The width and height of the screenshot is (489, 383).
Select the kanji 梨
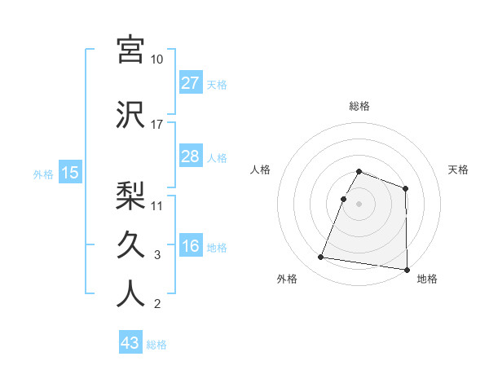pos(130,195)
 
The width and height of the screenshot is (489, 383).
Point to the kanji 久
pos(130,244)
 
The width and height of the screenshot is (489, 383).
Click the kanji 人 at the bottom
pos(130,293)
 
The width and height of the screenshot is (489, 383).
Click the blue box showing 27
pos(190,83)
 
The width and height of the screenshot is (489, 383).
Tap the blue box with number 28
pos(190,156)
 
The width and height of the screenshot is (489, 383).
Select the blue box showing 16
pos(190,247)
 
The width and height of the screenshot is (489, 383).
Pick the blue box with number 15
pos(69,173)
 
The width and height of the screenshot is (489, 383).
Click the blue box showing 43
pos(130,343)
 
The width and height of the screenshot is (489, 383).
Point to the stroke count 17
pos(157,125)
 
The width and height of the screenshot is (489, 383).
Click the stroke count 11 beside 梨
pos(157,205)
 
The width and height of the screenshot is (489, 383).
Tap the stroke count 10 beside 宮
pos(157,59)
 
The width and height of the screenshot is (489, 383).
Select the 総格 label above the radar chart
pos(359,106)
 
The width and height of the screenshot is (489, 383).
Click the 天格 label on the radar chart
pos(459,169)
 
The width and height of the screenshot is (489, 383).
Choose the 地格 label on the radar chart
pos(427,279)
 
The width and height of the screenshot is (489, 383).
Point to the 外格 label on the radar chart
pos(287,279)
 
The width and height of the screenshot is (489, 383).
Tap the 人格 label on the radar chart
pos(260,169)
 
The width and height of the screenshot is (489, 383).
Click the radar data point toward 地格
pos(407,270)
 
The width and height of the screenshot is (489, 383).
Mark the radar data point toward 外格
pos(321,258)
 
